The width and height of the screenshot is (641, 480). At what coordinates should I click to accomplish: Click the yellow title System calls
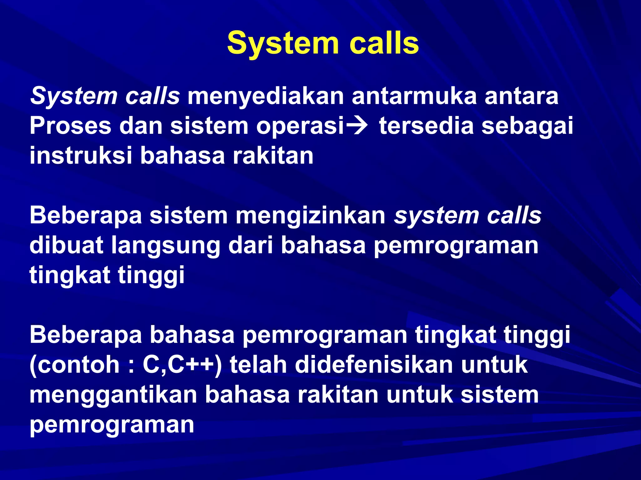tap(323, 43)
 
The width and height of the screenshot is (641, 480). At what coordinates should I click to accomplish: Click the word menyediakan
tap(265, 96)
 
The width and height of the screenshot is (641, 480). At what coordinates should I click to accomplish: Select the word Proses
tap(70, 126)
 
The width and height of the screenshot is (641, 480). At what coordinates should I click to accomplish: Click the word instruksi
tap(81, 156)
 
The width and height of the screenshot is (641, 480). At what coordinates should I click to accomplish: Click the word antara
tap(521, 96)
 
